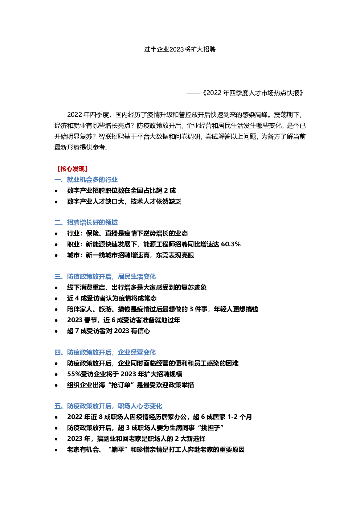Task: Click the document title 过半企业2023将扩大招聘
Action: click(180, 49)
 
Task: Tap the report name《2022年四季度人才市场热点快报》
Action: click(253, 93)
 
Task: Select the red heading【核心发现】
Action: click(71, 169)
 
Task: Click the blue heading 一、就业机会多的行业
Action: click(86, 180)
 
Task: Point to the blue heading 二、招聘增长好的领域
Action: click(86, 222)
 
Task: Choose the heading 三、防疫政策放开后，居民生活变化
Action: click(105, 276)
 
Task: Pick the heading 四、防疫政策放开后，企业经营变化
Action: click(105, 352)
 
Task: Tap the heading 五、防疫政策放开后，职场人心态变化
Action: click(108, 406)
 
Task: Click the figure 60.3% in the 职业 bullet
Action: click(231, 244)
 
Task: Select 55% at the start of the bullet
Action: click(73, 374)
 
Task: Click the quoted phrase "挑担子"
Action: click(211, 428)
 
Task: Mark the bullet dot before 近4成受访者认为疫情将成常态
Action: click(56, 299)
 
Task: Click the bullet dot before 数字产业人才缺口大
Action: click(56, 202)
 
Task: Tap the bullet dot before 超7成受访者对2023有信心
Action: click(56, 331)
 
